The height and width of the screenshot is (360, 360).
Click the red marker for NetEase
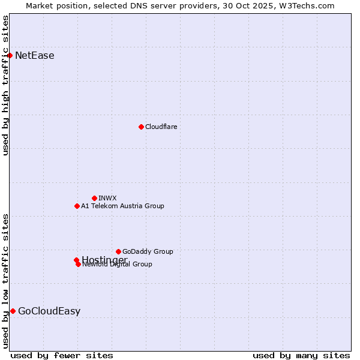tap(10, 56)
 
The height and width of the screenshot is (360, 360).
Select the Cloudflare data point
tap(141, 127)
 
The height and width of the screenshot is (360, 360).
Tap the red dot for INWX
tap(94, 198)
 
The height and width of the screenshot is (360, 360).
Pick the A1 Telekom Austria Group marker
tap(77, 206)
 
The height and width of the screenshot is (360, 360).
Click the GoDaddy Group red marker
tap(118, 251)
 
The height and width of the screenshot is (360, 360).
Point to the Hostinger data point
tap(76, 260)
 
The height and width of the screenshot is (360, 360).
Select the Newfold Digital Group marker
tap(78, 264)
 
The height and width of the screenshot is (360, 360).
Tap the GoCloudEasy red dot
tap(13, 311)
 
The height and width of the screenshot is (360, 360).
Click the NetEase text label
tap(34, 56)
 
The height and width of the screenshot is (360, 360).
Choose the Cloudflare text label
tap(161, 127)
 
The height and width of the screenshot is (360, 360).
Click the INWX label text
tap(107, 198)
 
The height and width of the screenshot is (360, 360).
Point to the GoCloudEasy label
tap(49, 311)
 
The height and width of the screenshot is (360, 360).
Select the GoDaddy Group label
tap(148, 251)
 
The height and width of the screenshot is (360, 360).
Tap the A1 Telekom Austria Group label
tap(122, 206)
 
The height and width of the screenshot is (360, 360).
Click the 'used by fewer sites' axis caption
tap(62, 355)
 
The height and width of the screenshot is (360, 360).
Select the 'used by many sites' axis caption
tap(301, 355)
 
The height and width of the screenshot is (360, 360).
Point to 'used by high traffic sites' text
tap(6, 85)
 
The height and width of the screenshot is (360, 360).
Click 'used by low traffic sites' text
tap(6, 280)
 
